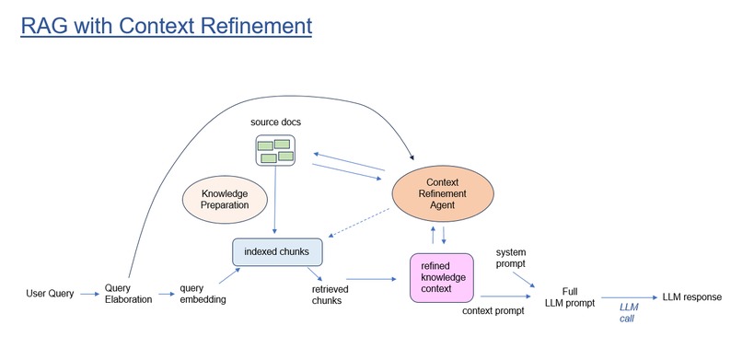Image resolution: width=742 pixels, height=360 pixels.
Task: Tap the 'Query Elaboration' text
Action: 128,293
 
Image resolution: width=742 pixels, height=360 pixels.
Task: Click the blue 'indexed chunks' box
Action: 276,250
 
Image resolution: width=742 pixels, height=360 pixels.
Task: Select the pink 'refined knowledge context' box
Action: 441,278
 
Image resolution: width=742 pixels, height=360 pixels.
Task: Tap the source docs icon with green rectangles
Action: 274,150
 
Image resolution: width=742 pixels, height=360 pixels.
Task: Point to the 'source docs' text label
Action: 274,122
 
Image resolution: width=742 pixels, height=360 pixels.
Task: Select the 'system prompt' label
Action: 511,257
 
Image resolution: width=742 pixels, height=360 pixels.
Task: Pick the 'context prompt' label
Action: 492,310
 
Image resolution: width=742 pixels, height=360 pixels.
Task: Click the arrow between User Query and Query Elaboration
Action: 90,294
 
